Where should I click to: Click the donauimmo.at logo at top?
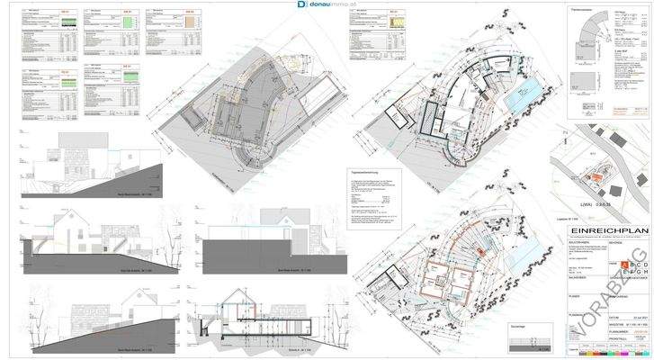327,5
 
